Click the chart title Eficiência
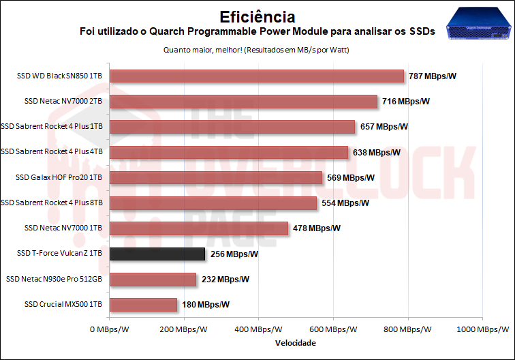257,16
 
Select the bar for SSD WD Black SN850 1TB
257,76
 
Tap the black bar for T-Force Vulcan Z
157,254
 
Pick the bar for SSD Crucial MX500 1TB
143,305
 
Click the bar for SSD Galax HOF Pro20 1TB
216,178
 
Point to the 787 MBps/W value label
433,76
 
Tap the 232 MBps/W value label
225,280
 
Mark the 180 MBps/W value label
206,305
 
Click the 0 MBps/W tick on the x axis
110,329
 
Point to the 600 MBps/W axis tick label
333,329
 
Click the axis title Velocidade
296,343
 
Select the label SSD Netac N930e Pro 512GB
54,280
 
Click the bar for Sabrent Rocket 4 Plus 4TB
229,153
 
